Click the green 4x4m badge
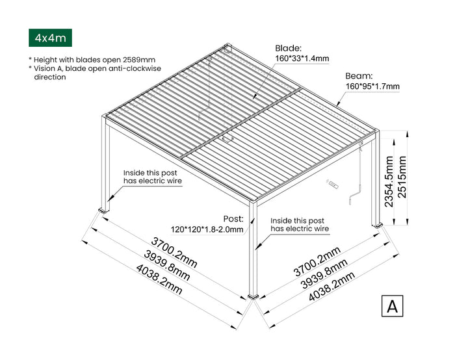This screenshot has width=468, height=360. pos(49,38)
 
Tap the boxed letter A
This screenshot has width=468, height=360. pos(392,306)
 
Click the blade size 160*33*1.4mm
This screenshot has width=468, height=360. pos(302,59)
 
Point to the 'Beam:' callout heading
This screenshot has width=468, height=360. pos(358,75)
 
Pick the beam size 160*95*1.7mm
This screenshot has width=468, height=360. pos(372,86)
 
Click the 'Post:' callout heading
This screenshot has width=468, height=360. pos(232,219)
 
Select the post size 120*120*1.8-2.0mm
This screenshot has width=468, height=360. pos(207,229)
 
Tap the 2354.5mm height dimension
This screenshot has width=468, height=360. pos(389,181)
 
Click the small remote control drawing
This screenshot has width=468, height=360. pos(333,185)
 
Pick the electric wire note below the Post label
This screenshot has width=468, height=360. pos(300,225)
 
